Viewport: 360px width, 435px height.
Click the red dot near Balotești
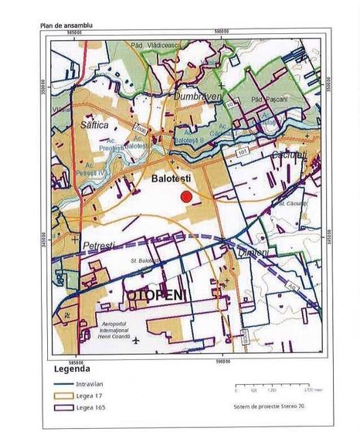(x=185, y=197)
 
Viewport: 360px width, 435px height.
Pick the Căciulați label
(x=289, y=157)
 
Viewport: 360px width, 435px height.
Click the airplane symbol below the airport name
(x=137, y=339)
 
